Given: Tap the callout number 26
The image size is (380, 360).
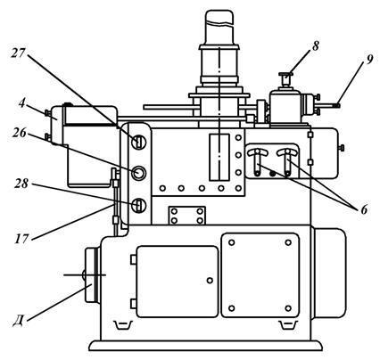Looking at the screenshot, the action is (20, 133).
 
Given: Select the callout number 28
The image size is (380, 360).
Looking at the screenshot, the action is (22, 184).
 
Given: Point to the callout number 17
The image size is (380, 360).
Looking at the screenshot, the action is (21, 238).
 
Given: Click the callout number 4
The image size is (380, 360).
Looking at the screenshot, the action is (21, 103).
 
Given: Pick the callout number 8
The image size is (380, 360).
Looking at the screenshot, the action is (315, 45).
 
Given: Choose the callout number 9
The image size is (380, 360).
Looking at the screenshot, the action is (368, 60).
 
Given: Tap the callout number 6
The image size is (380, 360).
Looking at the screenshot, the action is (364, 210).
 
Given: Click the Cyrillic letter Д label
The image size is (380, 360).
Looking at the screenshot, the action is (19, 321).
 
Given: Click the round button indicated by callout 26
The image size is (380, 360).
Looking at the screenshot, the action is (138, 173).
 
